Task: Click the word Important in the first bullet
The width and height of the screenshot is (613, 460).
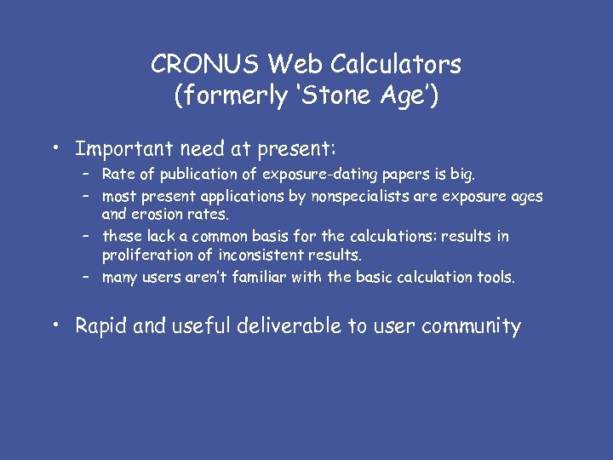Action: (124, 149)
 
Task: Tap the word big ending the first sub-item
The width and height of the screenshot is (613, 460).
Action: (462, 175)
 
